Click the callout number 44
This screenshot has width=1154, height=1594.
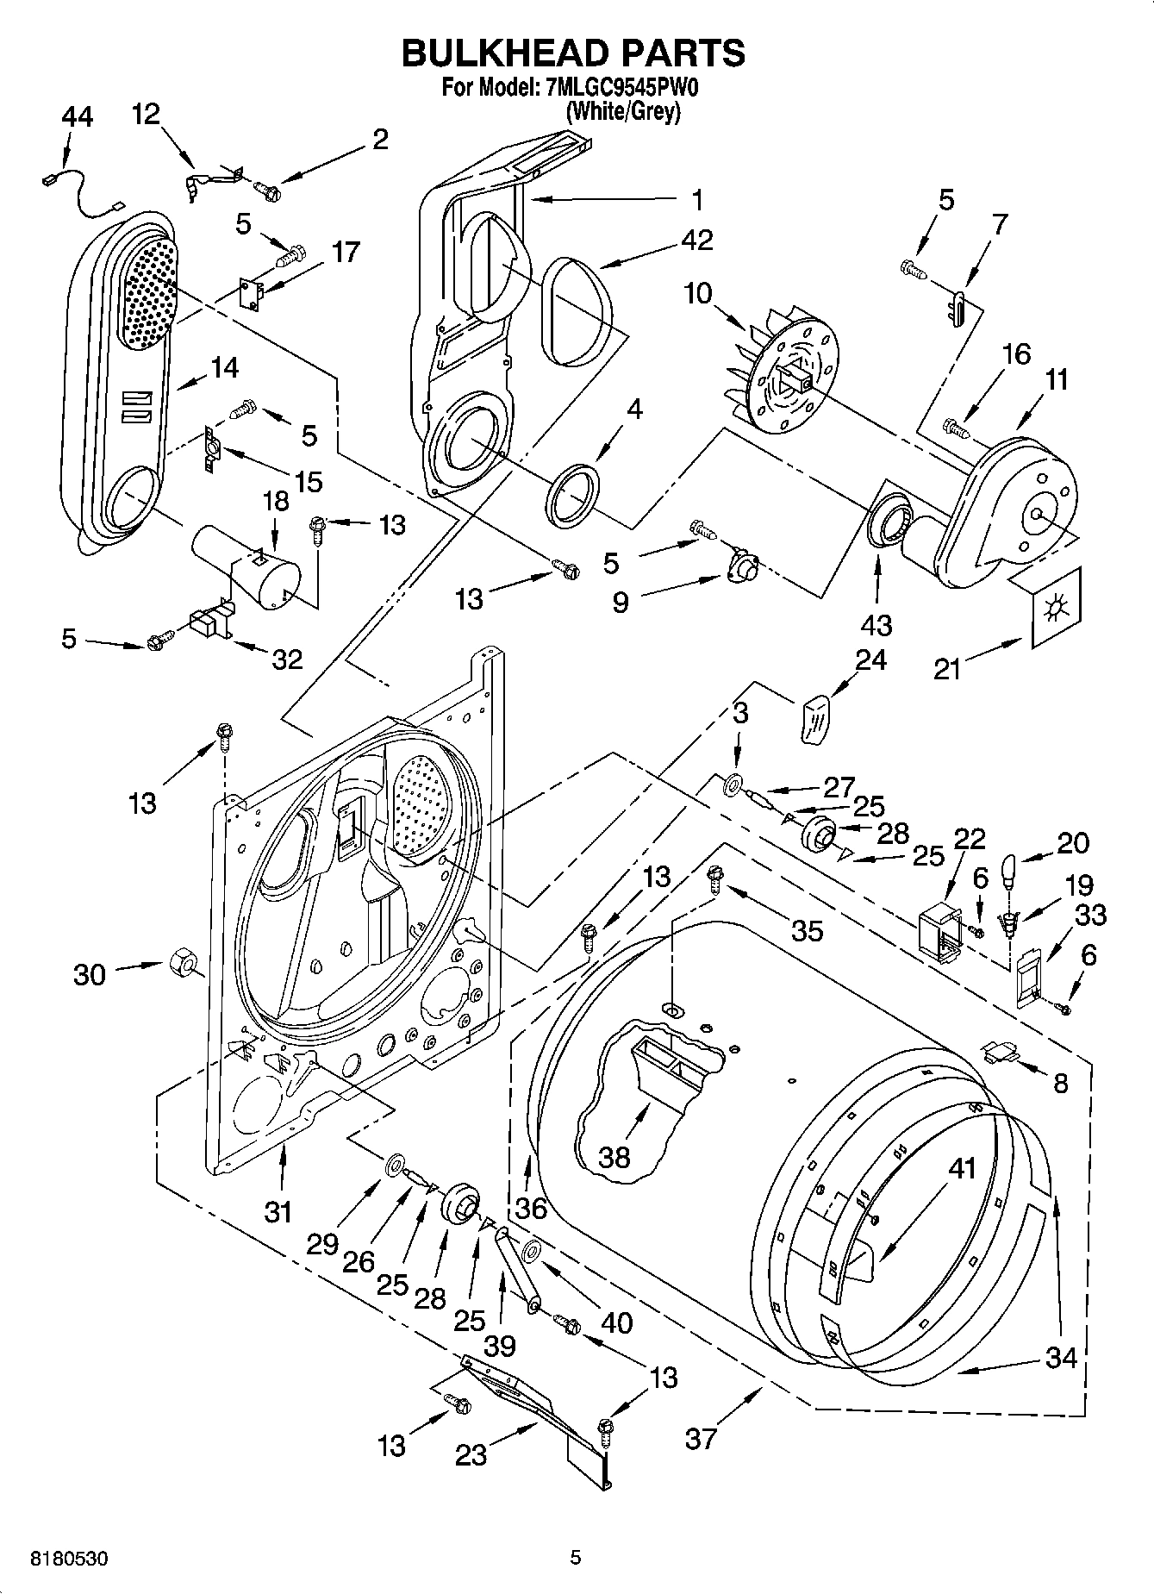78,118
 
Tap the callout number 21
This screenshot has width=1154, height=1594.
947,668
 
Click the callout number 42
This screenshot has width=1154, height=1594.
696,240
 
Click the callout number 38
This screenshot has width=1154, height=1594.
614,1156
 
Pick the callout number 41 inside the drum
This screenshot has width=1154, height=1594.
962,1170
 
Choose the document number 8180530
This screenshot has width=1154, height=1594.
68,1559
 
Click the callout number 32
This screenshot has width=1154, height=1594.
287,659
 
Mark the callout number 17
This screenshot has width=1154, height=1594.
346,253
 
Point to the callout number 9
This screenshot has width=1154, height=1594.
620,601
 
